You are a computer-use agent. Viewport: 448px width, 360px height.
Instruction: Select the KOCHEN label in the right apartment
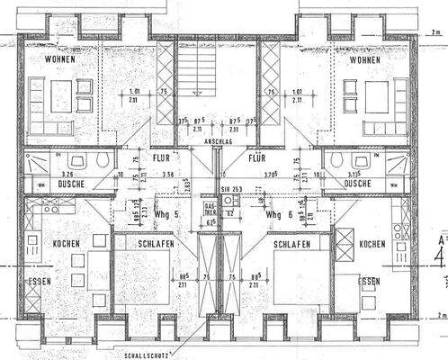[x=372, y=245]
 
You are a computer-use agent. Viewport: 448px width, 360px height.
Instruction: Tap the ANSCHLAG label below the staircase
[x=219, y=140]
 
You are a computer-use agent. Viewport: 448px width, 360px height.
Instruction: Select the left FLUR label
[x=162, y=157]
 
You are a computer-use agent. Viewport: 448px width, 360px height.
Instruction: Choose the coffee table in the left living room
[x=61, y=94]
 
